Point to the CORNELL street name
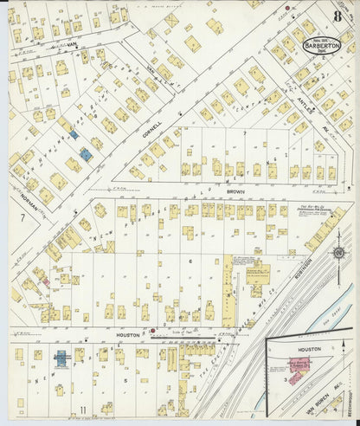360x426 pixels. [x=154, y=132]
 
